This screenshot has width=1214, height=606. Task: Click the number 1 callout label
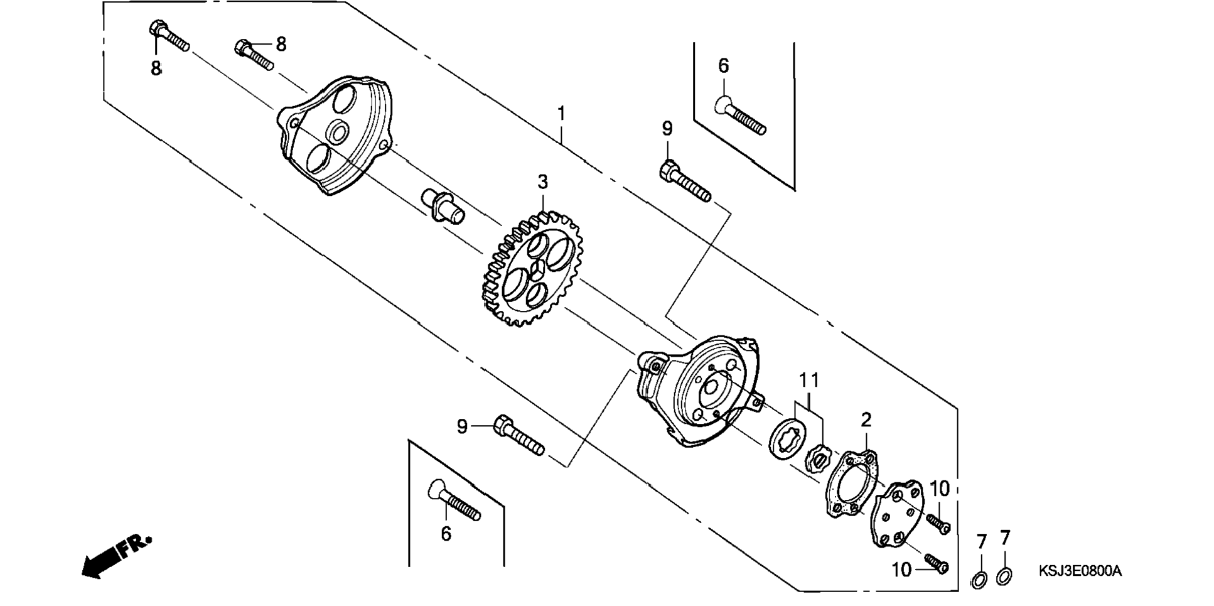561,114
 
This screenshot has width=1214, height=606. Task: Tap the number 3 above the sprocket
542,182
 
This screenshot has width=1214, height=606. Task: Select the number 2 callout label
866,419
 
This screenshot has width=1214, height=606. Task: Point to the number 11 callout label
809,380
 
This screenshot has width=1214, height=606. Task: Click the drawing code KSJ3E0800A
1080,571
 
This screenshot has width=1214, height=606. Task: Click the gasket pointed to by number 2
851,484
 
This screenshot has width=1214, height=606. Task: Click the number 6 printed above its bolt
723,66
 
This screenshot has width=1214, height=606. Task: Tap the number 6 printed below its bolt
446,534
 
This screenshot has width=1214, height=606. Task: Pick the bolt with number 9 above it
685,181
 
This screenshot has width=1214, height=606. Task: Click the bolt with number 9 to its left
519,435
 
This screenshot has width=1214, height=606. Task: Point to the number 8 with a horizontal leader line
281,44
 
